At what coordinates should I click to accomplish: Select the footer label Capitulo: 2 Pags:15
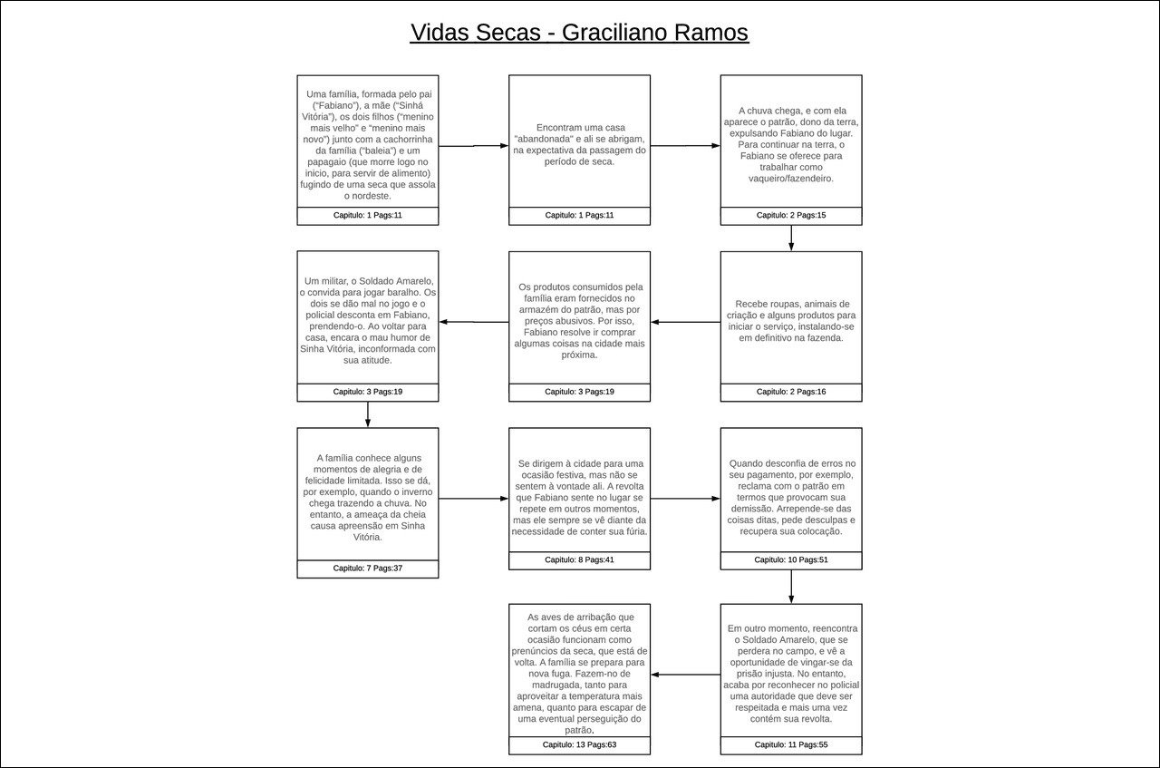pos(791,216)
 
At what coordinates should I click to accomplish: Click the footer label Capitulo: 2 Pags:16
pos(791,392)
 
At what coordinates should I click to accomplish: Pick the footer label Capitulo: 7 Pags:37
pos(367,569)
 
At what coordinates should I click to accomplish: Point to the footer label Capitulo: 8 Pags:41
pos(579,560)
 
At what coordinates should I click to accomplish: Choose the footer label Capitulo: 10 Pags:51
pos(791,560)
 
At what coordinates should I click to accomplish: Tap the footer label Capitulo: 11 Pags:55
pos(791,744)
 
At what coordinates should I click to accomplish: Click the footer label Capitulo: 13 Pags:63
pos(579,744)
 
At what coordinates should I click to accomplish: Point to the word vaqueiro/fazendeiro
pos(791,179)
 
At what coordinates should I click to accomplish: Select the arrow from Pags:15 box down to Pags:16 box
pos(791,238)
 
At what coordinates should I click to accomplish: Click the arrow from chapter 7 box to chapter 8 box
pos(473,499)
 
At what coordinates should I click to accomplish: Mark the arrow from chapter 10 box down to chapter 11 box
pos(791,587)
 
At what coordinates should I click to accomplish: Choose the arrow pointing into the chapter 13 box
pos(685,675)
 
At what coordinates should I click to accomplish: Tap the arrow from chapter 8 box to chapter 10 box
pos(685,499)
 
